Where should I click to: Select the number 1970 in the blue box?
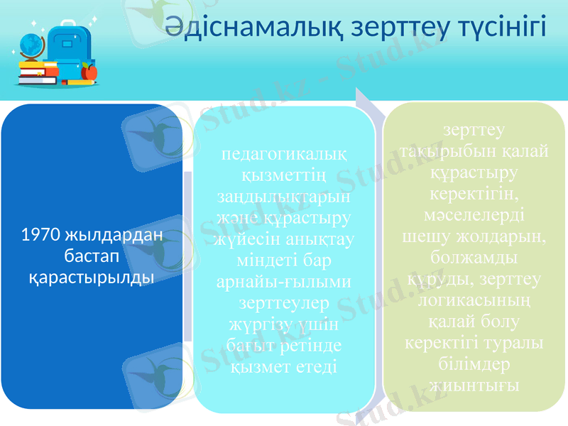pyautogui.click(x=41, y=234)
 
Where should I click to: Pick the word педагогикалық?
pyautogui.click(x=285, y=153)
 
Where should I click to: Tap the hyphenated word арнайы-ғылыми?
pyautogui.click(x=285, y=282)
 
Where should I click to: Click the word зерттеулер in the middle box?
pyautogui.click(x=285, y=303)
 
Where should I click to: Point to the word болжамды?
pyautogui.click(x=474, y=255)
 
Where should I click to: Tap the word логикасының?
pyautogui.click(x=474, y=299)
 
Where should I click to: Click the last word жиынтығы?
pyautogui.click(x=474, y=384)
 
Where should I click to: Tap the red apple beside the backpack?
pyautogui.click(x=89, y=72)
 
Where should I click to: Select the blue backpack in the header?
pyautogui.click(x=67, y=53)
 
